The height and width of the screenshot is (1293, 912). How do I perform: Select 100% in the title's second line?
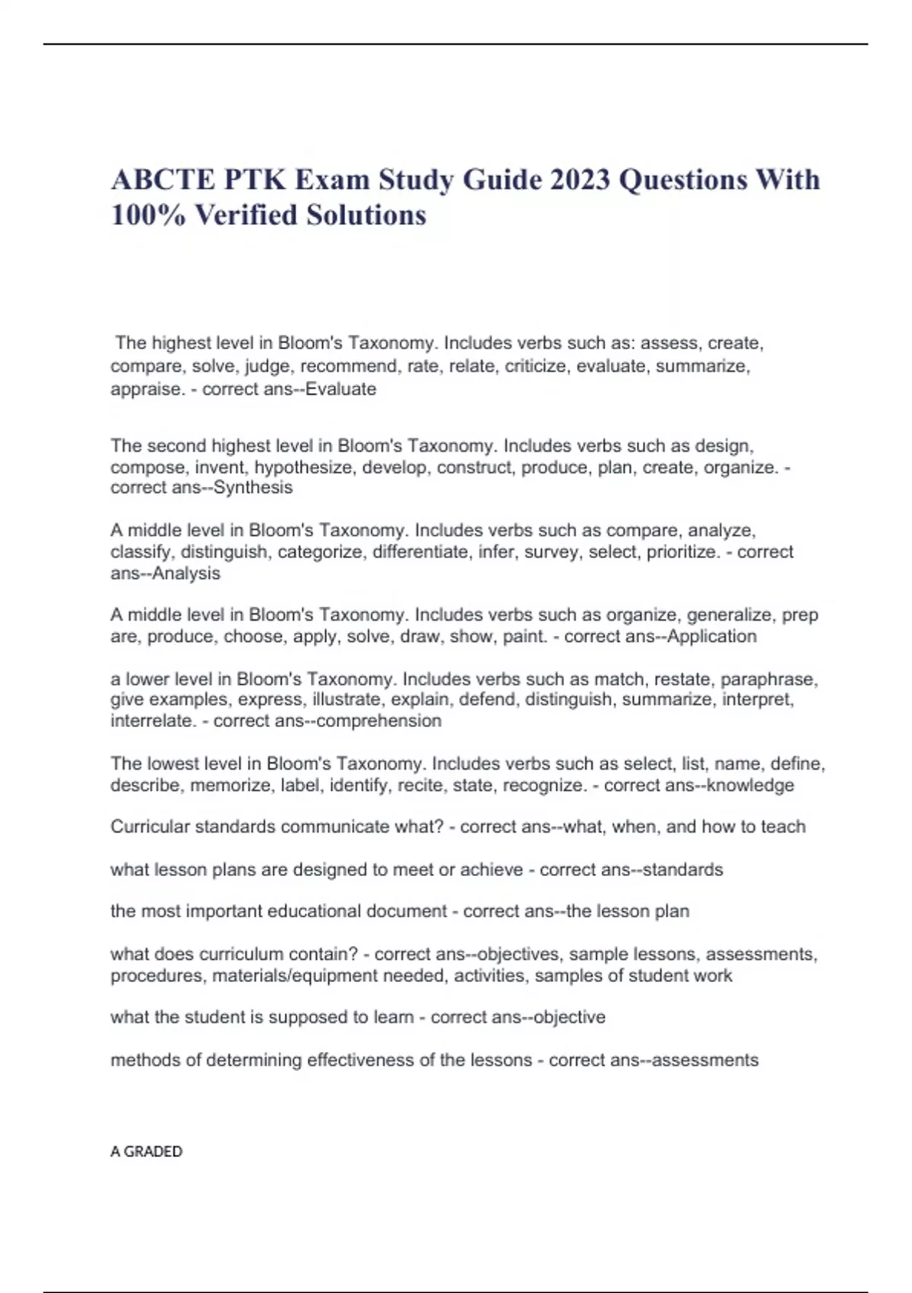(x=148, y=215)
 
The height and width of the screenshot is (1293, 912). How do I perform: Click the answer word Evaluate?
(x=340, y=389)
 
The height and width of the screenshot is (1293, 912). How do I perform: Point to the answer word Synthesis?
(x=253, y=488)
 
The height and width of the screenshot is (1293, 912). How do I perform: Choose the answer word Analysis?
(x=186, y=573)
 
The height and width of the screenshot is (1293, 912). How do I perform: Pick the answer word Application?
(x=711, y=636)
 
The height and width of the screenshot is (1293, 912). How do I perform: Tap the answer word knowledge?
(x=750, y=785)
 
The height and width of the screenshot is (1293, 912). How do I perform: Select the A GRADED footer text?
(x=147, y=1152)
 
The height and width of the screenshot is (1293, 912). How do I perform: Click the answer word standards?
(x=682, y=869)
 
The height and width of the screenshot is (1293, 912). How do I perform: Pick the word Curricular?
(x=150, y=827)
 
